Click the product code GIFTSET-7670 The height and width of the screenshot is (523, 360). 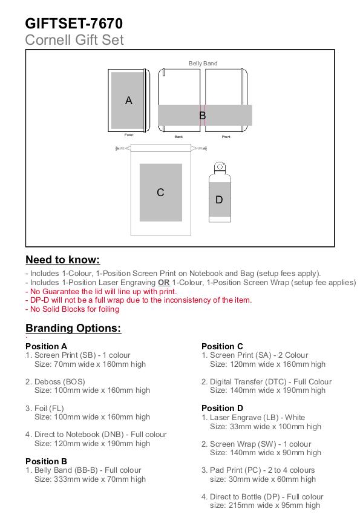coord(74,24)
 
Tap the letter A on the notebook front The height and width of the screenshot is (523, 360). coord(129,100)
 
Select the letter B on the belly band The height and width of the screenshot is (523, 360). coord(202,116)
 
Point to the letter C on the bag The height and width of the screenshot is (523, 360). coord(160,192)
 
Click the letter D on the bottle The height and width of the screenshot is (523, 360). coord(219,200)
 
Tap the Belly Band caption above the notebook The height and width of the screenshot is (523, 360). coord(203,64)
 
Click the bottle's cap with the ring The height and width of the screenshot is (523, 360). coord(220,167)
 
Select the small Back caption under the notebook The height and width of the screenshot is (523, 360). coord(178,137)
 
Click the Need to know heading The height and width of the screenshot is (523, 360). coord(63,260)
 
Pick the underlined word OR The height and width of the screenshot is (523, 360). coord(164,283)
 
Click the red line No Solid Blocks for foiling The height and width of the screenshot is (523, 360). coord(73,309)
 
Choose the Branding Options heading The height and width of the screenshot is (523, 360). coord(73,328)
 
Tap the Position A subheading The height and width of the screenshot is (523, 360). coord(47,346)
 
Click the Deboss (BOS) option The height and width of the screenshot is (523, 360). coord(55,381)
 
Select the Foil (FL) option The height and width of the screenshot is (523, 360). coord(45,408)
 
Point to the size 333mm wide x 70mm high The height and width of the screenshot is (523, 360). coord(90,479)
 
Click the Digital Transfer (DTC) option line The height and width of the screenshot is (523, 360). coord(267,381)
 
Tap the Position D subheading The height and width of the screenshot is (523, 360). coord(222,408)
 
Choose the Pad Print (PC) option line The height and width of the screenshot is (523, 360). coord(258,470)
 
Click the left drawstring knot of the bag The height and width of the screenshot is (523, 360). coord(118,148)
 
